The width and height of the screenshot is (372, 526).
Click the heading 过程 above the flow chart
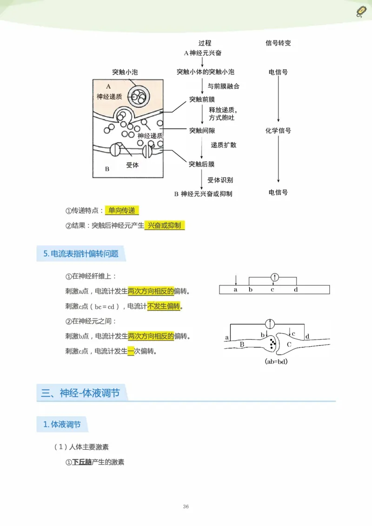(x=205, y=43)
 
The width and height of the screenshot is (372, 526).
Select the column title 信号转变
(x=278, y=43)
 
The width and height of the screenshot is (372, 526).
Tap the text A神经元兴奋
(x=203, y=53)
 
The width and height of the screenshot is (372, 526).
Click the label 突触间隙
(x=202, y=131)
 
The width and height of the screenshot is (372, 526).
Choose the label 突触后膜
(x=202, y=164)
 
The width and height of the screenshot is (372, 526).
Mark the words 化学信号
(x=278, y=131)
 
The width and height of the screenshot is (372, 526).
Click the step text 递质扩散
(x=224, y=145)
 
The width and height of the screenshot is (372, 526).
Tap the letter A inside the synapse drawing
(x=108, y=86)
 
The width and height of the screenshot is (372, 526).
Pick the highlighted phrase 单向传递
(x=122, y=210)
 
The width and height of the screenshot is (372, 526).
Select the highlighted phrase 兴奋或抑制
(x=165, y=225)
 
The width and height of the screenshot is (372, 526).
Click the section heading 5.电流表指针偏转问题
(x=80, y=254)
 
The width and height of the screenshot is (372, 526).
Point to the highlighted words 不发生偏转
(x=164, y=306)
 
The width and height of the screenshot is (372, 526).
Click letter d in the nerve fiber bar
(x=296, y=289)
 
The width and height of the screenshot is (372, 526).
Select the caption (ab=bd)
(x=276, y=361)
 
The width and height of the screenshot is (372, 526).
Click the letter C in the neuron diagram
(x=288, y=344)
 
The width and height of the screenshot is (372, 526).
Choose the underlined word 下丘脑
(x=82, y=462)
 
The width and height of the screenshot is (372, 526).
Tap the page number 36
(x=186, y=506)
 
